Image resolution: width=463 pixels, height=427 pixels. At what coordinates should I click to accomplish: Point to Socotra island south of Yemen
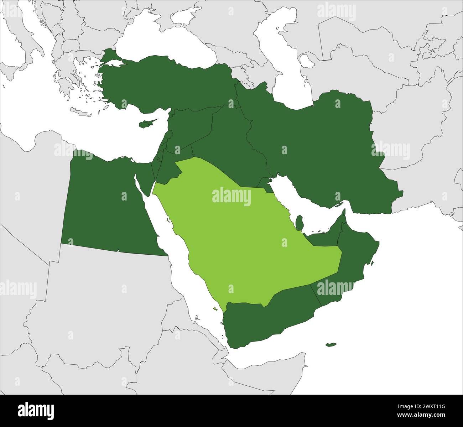click(331, 344)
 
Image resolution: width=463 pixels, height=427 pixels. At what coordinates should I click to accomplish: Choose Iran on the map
click(321, 142)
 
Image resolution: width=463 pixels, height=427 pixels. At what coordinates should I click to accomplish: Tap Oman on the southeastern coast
click(353, 264)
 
